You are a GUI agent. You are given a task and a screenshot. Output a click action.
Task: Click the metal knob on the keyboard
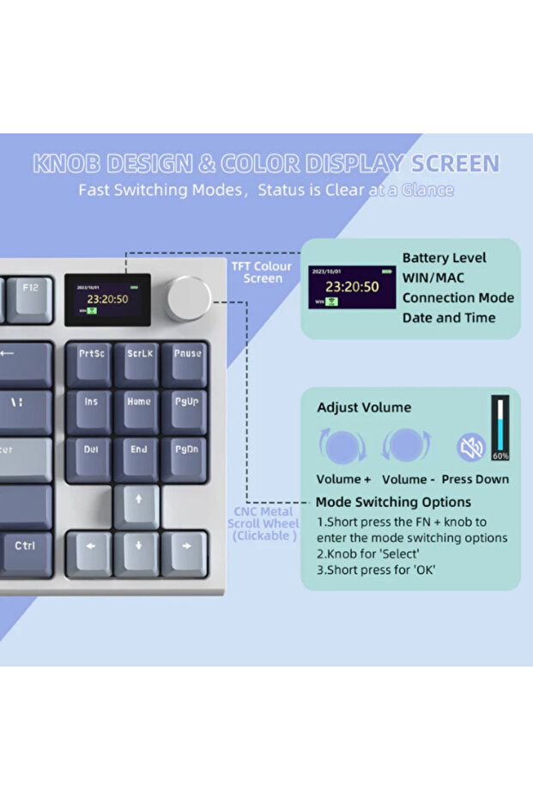pos(188,298)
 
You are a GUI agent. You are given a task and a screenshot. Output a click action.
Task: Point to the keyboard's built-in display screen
pos(107,299)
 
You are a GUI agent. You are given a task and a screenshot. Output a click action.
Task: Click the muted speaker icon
pos(470,447)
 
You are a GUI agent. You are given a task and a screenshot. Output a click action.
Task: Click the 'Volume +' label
pos(343,479)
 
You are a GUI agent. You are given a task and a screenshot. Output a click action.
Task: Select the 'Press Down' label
pos(475,479)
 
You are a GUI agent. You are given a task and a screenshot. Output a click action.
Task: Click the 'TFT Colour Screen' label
pos(262,272)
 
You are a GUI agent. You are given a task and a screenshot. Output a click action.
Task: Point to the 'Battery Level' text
pos(444,258)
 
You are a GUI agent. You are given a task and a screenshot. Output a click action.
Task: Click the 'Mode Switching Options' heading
pos(393,502)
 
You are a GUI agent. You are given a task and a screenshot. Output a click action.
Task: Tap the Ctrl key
pos(24,547)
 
